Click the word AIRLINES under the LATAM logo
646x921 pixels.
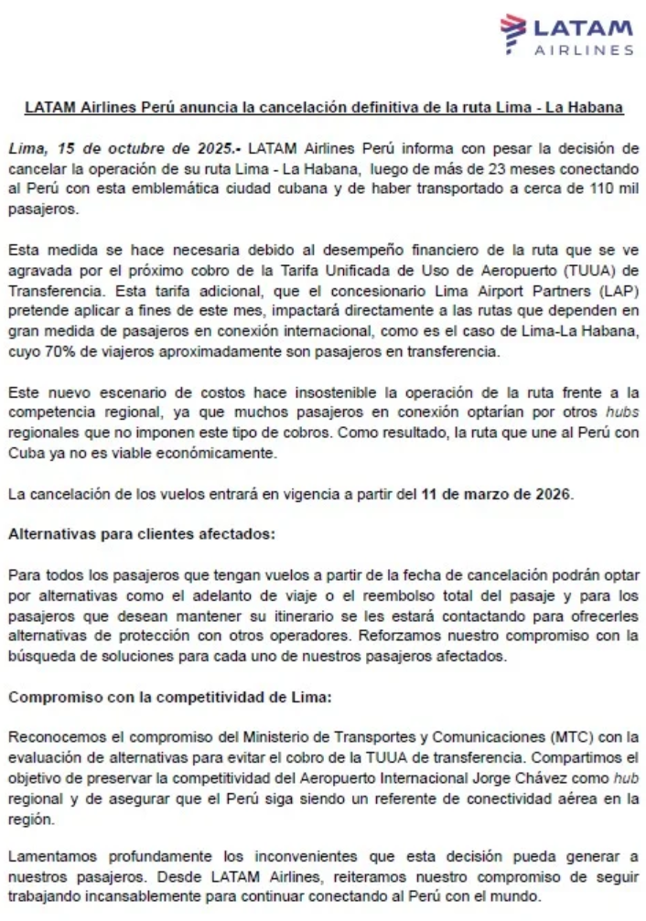click(583, 50)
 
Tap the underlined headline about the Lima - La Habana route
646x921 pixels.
click(324, 107)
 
